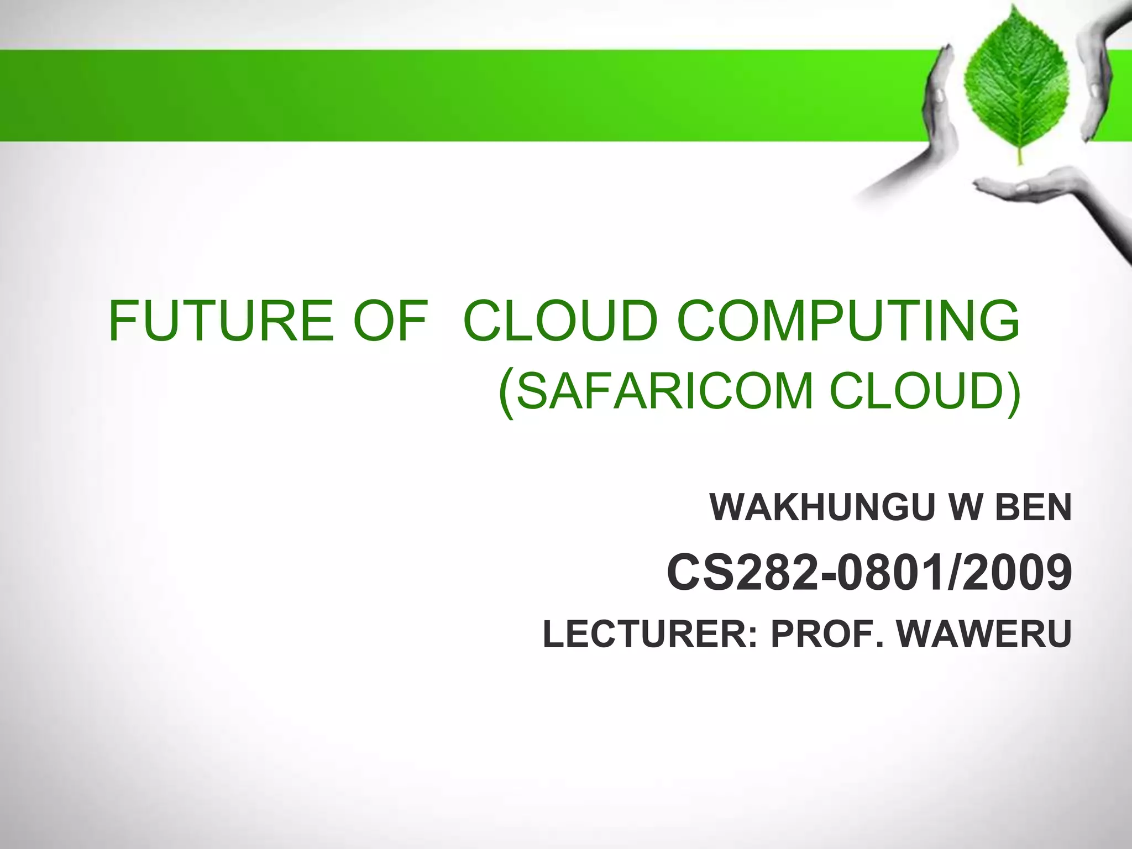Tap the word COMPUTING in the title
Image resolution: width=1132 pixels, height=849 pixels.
click(848, 321)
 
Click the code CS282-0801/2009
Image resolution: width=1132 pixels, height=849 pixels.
click(869, 573)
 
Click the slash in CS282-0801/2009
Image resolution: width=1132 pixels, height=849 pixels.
click(953, 573)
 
